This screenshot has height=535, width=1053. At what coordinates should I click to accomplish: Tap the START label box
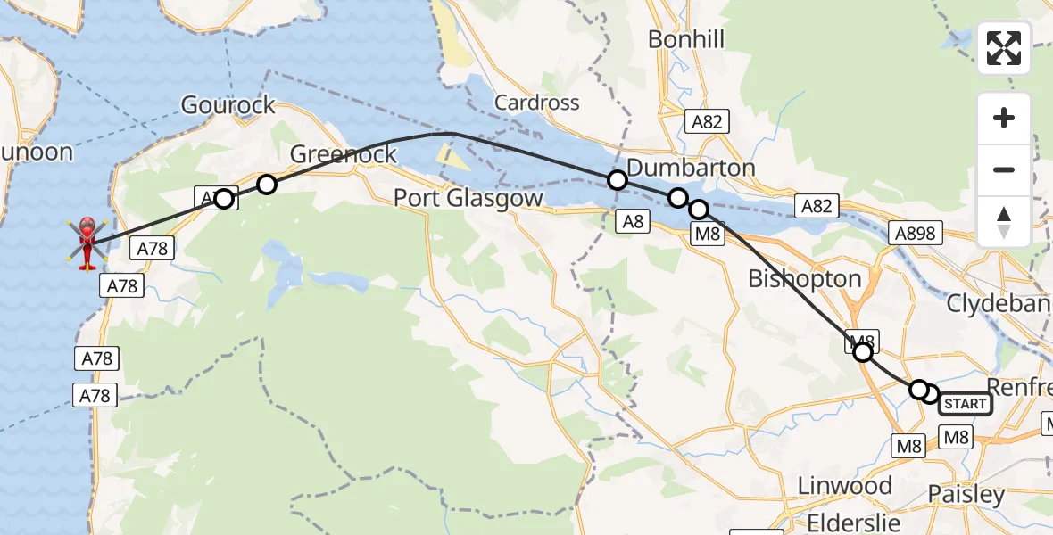coord(965,404)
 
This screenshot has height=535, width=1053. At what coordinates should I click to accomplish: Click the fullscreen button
coord(1004,48)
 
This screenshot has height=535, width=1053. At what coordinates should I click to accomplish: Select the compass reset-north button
coord(1004,221)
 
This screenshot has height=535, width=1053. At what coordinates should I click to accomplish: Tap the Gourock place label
coord(228,105)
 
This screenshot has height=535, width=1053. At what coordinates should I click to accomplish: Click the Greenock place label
coord(344,154)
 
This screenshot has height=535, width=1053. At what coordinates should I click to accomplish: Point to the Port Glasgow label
coord(468,198)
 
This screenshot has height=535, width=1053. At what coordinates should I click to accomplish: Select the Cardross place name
coord(537,103)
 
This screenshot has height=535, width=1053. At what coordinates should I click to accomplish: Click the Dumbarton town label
coord(691,168)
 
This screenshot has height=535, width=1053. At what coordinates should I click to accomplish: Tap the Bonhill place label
coord(686,39)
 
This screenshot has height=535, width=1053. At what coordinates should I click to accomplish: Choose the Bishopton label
coord(805,278)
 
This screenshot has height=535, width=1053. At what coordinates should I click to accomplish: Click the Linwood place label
coord(844,486)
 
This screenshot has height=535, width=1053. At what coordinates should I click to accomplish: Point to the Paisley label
coord(966,494)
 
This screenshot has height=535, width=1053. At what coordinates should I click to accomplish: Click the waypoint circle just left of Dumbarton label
coord(617,180)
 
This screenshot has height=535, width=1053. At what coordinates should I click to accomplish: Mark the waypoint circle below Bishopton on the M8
coord(863,352)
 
